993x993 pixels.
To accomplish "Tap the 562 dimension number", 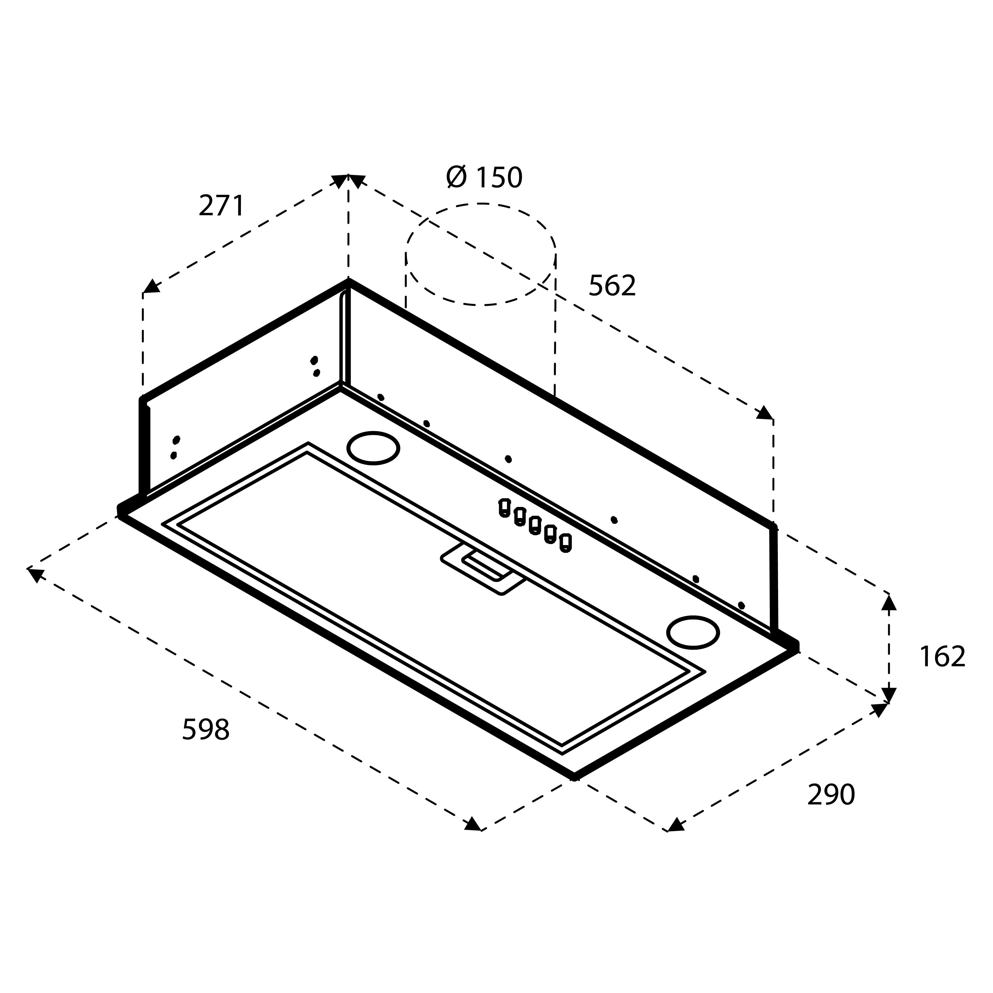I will tap(612, 286).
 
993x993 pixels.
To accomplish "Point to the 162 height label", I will tap(942, 657).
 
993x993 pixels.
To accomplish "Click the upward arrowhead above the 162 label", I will tap(889, 601).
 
